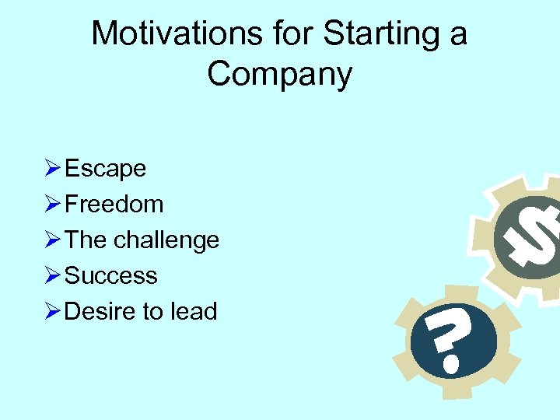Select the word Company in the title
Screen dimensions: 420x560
tap(280, 74)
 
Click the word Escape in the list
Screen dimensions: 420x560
tap(106, 168)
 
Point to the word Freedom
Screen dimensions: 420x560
tap(114, 204)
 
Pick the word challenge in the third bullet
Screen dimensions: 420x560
tap(166, 240)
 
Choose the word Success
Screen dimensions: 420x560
tap(111, 275)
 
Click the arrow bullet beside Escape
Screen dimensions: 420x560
tap(52, 168)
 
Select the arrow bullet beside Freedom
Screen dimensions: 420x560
tap(52, 204)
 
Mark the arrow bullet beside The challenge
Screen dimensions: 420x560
tap(52, 240)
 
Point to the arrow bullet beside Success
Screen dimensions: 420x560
tap(52, 275)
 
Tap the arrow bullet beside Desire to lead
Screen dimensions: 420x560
tap(52, 311)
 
